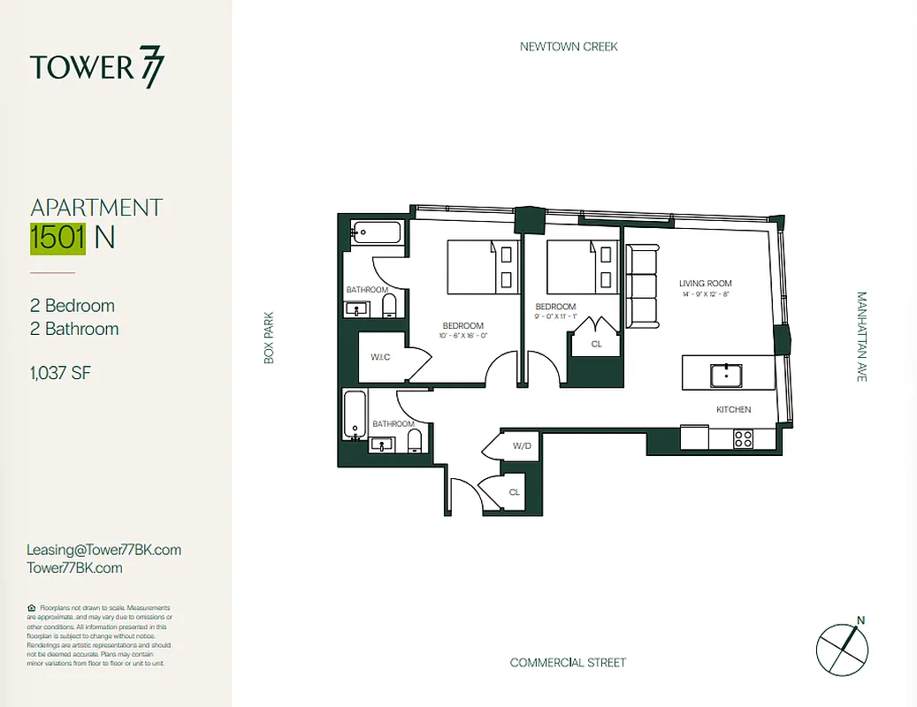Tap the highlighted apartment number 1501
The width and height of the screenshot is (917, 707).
tap(58, 238)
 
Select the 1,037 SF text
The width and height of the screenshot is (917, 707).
tap(60, 373)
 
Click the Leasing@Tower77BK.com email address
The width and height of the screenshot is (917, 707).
tap(104, 550)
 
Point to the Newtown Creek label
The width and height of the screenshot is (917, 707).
tap(569, 46)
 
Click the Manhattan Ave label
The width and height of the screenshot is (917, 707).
tap(861, 337)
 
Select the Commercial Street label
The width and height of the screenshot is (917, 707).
tap(568, 662)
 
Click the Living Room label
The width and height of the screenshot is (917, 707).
tap(705, 284)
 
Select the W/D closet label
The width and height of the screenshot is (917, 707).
tap(522, 446)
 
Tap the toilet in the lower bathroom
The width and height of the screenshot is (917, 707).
tap(415, 440)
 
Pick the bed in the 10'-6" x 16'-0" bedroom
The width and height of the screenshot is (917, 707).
tap(482, 268)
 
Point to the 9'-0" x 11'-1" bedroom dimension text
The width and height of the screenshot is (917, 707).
tap(555, 316)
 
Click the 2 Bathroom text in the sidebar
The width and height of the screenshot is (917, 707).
tap(74, 329)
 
